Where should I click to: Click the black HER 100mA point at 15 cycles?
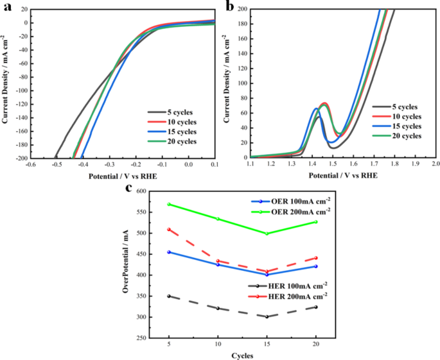click(x=267, y=316)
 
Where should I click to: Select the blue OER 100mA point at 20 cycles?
click(x=315, y=266)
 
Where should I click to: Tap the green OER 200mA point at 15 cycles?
click(x=267, y=234)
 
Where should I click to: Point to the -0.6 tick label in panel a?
click(x=30, y=165)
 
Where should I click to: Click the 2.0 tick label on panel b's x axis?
click(x=435, y=165)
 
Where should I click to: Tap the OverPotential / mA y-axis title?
click(x=126, y=264)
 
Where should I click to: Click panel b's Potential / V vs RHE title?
click(x=342, y=175)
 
